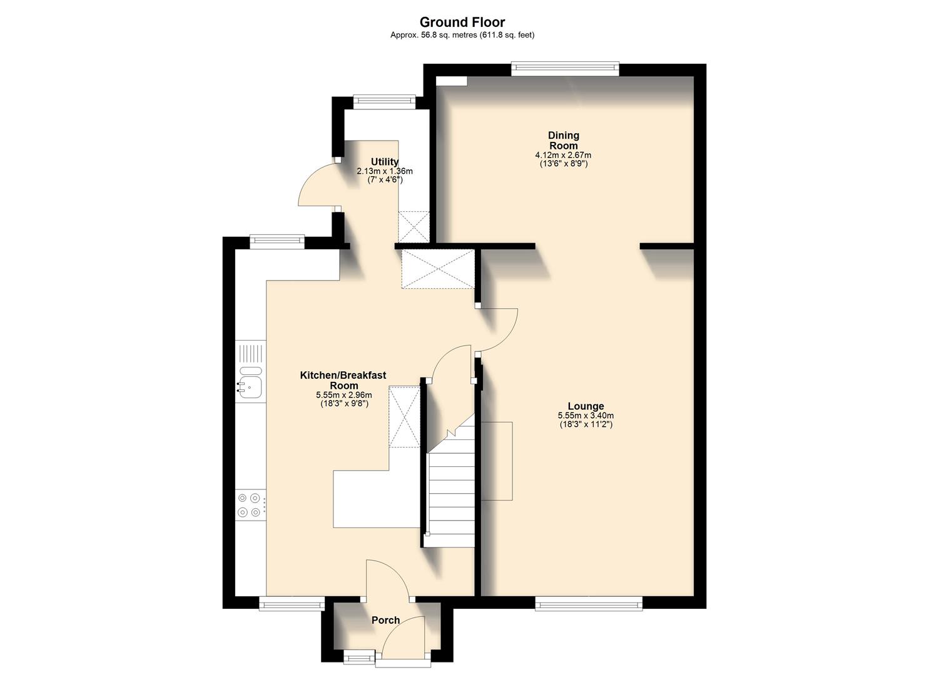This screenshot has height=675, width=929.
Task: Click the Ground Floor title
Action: click(462, 22)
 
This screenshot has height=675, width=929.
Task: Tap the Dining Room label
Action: click(563, 141)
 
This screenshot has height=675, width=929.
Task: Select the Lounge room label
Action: click(586, 406)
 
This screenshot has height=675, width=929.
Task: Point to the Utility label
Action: click(384, 162)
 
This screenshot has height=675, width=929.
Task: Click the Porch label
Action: click(385, 620)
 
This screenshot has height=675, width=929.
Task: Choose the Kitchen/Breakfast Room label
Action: click(343, 380)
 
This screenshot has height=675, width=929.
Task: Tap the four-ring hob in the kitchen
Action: click(250, 505)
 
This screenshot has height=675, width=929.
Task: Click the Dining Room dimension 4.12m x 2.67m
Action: click(563, 155)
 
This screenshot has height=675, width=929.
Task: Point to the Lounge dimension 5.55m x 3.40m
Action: click(586, 416)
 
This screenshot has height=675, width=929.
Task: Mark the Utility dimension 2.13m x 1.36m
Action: click(384, 171)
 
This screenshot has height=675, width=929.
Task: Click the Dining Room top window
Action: click(565, 68)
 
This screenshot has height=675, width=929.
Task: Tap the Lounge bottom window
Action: click(588, 602)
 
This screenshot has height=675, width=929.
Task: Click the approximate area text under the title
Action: click(462, 36)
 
